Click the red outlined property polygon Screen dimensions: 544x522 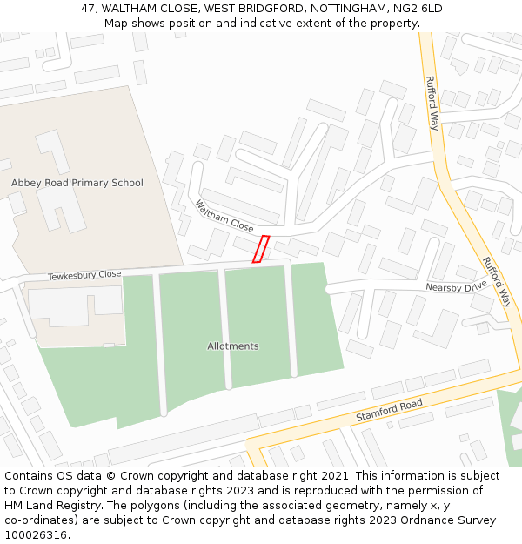[x=260, y=249]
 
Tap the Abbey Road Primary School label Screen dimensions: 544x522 [x=77, y=183]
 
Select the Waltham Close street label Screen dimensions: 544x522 [x=224, y=216]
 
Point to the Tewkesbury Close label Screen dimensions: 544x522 [x=84, y=274]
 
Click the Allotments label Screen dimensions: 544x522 [x=232, y=346]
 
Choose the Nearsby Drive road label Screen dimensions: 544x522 [x=456, y=286]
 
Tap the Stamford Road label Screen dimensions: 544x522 [x=389, y=411]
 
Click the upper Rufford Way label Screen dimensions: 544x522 [x=432, y=104]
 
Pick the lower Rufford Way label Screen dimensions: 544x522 [x=497, y=282]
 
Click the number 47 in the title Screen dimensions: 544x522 [x=88, y=8]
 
